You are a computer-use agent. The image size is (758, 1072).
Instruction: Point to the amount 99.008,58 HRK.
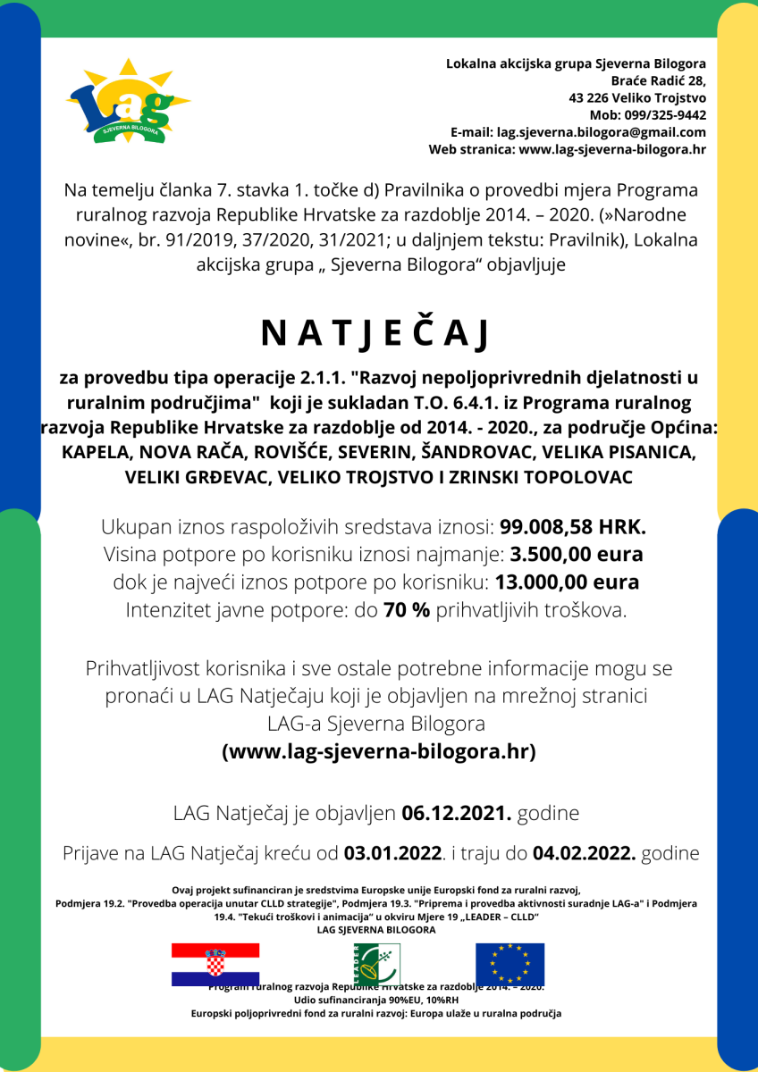click(x=573, y=526)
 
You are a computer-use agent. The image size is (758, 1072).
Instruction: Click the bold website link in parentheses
click(x=378, y=751)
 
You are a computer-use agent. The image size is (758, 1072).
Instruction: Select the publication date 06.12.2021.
click(x=456, y=814)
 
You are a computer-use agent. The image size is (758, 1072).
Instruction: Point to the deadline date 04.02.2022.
click(x=584, y=853)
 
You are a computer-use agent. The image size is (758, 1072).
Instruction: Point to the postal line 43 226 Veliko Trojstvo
click(x=637, y=98)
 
